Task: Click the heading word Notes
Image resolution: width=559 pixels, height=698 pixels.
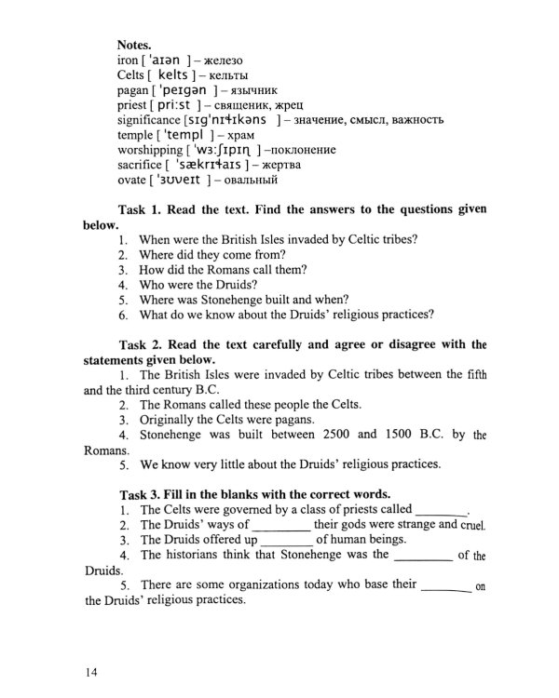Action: [x=136, y=44]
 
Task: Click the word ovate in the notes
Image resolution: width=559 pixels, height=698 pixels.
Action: [x=134, y=180]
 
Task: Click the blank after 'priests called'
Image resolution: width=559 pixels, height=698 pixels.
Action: [x=440, y=512]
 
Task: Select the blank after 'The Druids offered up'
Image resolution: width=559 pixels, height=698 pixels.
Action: [x=287, y=542]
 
